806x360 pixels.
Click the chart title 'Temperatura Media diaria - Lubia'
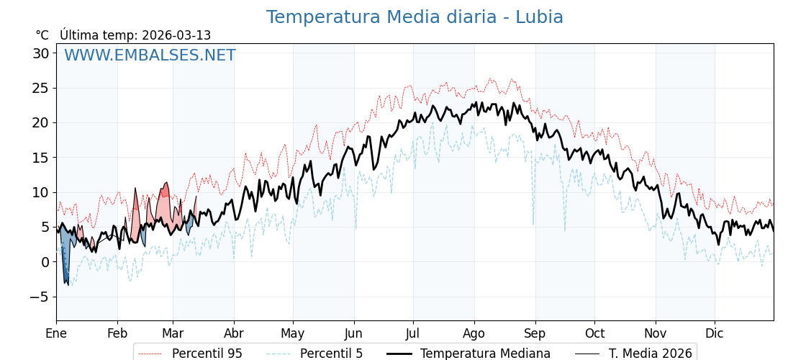415,17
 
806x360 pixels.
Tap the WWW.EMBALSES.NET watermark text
150,55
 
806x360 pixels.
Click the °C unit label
42,35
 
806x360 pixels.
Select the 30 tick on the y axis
40,53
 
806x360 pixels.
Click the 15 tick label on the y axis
40,158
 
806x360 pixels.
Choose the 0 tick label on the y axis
45,262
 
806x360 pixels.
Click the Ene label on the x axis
56,333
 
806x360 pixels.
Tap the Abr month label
234,333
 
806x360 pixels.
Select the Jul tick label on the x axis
413,333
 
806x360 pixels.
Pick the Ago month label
474,333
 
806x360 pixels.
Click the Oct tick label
594,333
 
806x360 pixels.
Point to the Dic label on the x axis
715,333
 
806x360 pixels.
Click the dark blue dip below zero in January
65,270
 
